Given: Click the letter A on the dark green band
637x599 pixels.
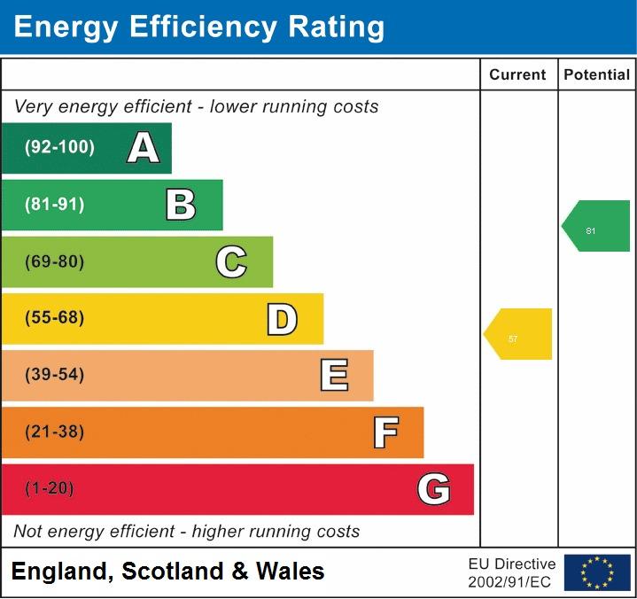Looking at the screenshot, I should pyautogui.click(x=143, y=148).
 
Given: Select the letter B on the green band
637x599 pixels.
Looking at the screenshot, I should pyautogui.click(x=181, y=205).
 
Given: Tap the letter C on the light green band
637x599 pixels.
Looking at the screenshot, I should pyautogui.click(x=231, y=262).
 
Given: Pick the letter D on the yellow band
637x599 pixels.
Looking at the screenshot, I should pyautogui.click(x=282, y=319).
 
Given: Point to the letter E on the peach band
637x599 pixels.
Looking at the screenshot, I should pyautogui.click(x=334, y=376).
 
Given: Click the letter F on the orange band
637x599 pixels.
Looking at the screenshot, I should pyautogui.click(x=385, y=432).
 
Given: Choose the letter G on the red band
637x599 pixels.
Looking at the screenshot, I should pyautogui.click(x=433, y=489).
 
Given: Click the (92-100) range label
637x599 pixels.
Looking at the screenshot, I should pyautogui.click(x=59, y=148).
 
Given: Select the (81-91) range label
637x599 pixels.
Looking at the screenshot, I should pyautogui.click(x=55, y=205).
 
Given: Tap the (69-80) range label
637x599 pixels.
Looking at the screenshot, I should pyautogui.click(x=55, y=262).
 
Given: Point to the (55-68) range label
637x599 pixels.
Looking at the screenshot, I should pyautogui.click(x=55, y=318).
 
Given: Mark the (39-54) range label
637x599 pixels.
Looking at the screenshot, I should pyautogui.click(x=55, y=375).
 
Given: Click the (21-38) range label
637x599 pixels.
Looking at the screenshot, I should pyautogui.click(x=55, y=432).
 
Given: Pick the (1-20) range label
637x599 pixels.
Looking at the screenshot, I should pyautogui.click(x=50, y=489).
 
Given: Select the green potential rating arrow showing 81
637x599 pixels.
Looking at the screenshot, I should pyautogui.click(x=596, y=226).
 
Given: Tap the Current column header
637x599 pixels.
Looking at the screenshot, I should pyautogui.click(x=517, y=75).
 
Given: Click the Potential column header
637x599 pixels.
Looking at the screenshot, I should pyautogui.click(x=596, y=75).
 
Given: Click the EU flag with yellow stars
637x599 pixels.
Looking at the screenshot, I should pyautogui.click(x=597, y=572).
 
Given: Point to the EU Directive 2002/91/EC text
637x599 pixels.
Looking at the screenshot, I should pyautogui.click(x=512, y=572).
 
